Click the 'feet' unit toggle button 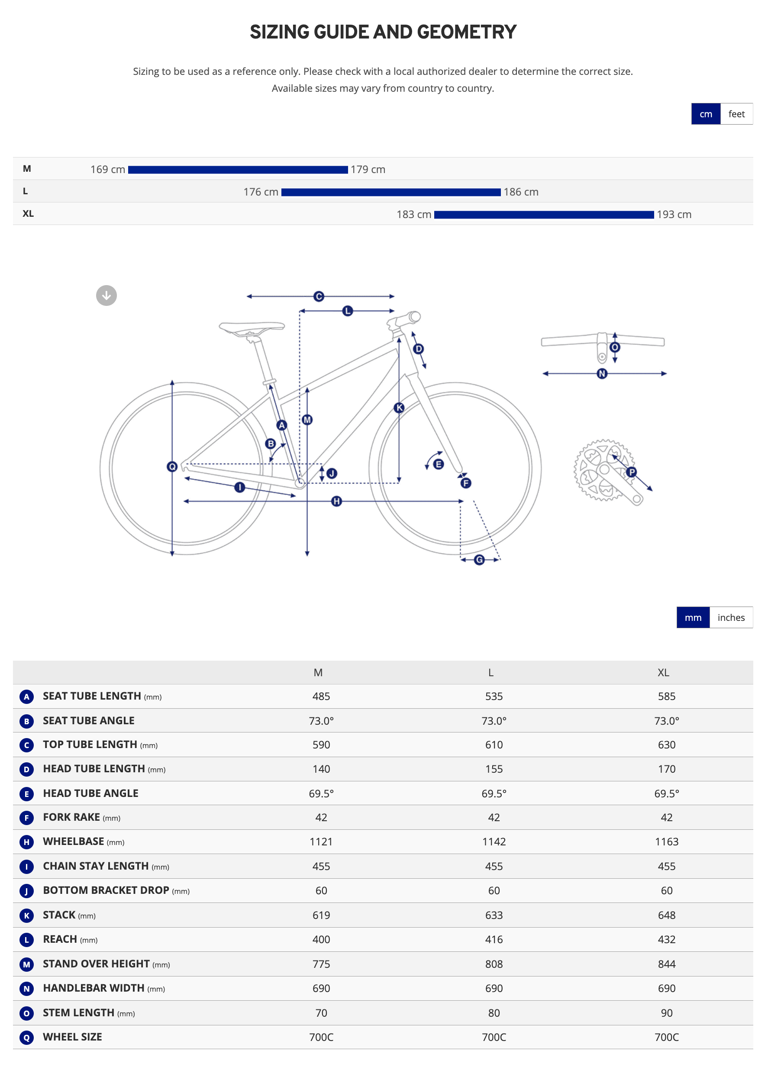pos(736,114)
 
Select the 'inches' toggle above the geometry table pos(730,617)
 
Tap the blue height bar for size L pos(390,192)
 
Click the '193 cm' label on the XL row pos(674,215)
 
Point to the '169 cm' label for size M pos(107,170)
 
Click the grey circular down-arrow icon pos(106,296)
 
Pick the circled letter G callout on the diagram pos(479,560)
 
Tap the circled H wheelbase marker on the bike pos(336,501)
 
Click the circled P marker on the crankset pos(632,472)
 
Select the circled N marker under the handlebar pos(602,374)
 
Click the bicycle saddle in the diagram pos(251,328)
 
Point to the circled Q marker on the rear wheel pos(172,466)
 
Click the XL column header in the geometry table pos(663,672)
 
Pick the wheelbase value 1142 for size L pos(494,842)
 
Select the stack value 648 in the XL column pos(666,915)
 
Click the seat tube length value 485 pos(321,697)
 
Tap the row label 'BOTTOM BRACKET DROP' pos(106,890)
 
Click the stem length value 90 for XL pos(666,1013)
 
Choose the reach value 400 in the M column pos(321,939)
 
